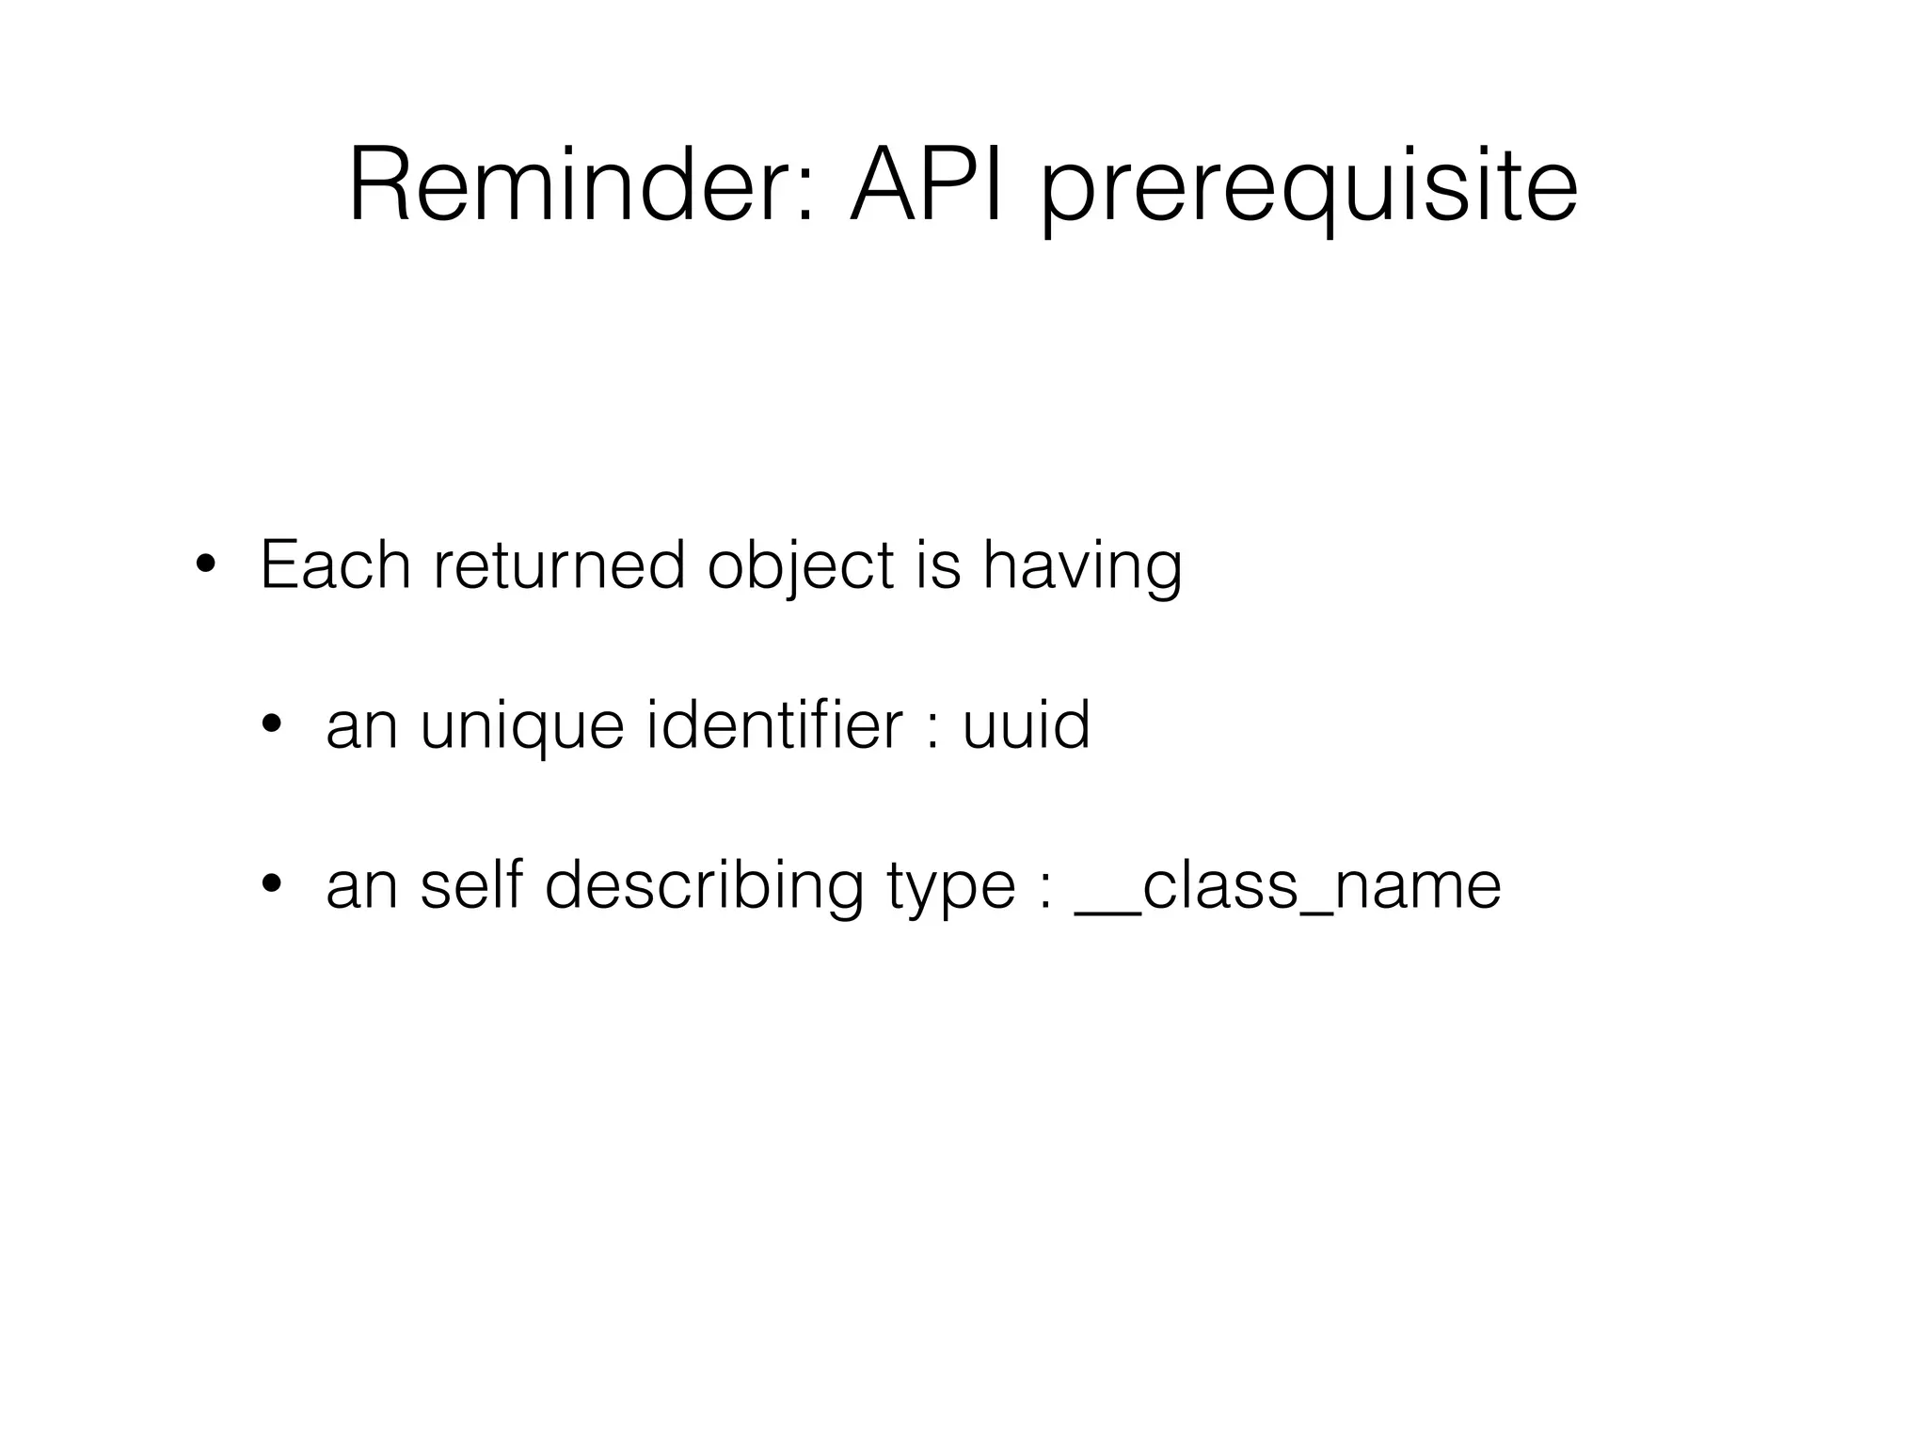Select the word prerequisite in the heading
[x=1308, y=193]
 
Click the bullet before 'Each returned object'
[x=204, y=566]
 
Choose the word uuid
[x=1026, y=725]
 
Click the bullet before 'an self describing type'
[x=272, y=885]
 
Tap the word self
[x=470, y=885]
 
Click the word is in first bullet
[x=938, y=565]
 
